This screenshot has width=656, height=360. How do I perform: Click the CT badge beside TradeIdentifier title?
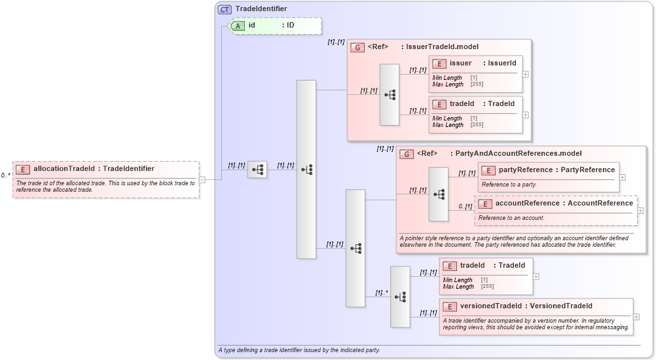225,10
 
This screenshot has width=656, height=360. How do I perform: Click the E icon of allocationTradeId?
23,169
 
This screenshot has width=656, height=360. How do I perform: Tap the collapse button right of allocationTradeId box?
202,179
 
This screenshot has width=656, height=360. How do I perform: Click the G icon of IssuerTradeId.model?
357,47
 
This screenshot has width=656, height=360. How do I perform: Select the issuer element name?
460,63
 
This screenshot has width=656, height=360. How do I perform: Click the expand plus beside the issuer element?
526,74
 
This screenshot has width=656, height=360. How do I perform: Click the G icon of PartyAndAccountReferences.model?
407,154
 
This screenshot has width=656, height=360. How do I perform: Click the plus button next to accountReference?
640,211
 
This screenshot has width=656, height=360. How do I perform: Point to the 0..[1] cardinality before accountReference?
465,207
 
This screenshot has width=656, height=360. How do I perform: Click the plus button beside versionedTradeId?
636,317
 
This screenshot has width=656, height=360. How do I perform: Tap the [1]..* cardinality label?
382,293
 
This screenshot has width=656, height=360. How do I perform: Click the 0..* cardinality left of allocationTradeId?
5,175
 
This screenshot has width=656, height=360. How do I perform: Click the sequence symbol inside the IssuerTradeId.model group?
390,95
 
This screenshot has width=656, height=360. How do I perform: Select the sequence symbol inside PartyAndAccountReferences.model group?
439,194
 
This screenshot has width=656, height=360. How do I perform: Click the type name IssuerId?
502,63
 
